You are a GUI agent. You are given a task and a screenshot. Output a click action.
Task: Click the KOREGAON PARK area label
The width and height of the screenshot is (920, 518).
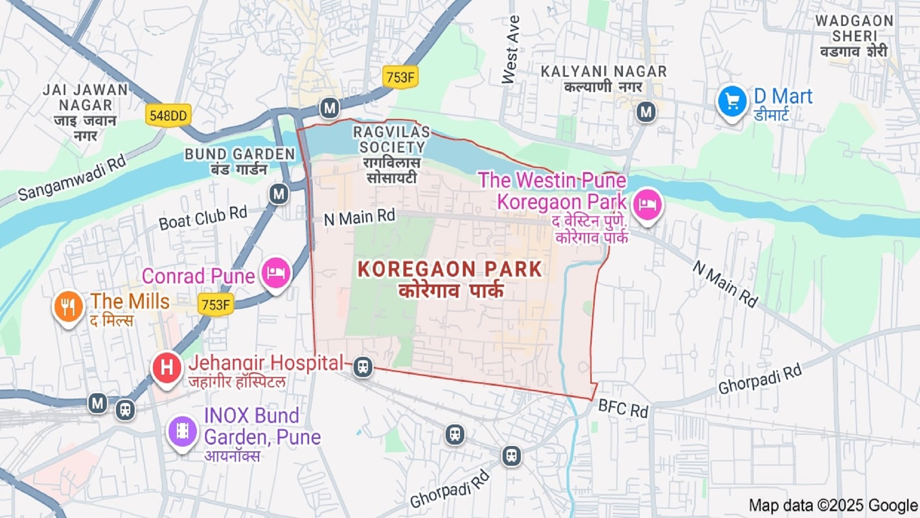click(x=449, y=270)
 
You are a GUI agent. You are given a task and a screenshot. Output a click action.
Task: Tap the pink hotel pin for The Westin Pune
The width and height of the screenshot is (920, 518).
click(x=647, y=205)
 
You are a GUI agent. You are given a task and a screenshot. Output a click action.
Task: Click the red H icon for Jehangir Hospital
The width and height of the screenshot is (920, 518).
click(x=166, y=368)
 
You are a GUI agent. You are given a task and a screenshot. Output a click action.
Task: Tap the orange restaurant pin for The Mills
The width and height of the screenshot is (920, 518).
click(x=68, y=306)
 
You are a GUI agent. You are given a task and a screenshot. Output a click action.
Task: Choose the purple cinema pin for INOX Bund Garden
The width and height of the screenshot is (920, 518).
click(x=182, y=431)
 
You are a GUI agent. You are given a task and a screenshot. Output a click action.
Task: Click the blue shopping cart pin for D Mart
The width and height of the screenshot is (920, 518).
click(x=732, y=102)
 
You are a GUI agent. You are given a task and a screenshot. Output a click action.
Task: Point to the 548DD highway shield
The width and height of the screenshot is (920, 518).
click(x=168, y=116)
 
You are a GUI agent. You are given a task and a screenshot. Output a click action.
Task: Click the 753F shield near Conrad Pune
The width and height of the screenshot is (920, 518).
click(x=216, y=305)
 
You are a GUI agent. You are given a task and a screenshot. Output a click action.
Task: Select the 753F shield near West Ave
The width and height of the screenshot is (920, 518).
click(x=400, y=77)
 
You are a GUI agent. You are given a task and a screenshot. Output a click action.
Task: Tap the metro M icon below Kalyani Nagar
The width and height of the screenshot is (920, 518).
click(x=646, y=112)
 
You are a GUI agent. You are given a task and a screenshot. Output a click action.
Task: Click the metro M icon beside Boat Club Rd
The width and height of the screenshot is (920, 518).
click(x=279, y=194)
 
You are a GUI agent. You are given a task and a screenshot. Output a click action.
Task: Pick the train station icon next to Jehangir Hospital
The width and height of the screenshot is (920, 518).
click(x=363, y=367)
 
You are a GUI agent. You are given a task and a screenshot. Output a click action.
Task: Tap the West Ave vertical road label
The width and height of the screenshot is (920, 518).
click(x=511, y=49)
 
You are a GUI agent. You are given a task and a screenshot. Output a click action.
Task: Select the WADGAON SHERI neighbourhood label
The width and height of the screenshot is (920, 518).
click(x=854, y=29)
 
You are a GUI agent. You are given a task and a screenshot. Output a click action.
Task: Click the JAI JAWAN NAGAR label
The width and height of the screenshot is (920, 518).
click(x=85, y=97)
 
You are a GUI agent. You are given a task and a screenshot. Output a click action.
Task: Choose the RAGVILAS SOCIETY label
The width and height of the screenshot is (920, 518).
click(x=391, y=140)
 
